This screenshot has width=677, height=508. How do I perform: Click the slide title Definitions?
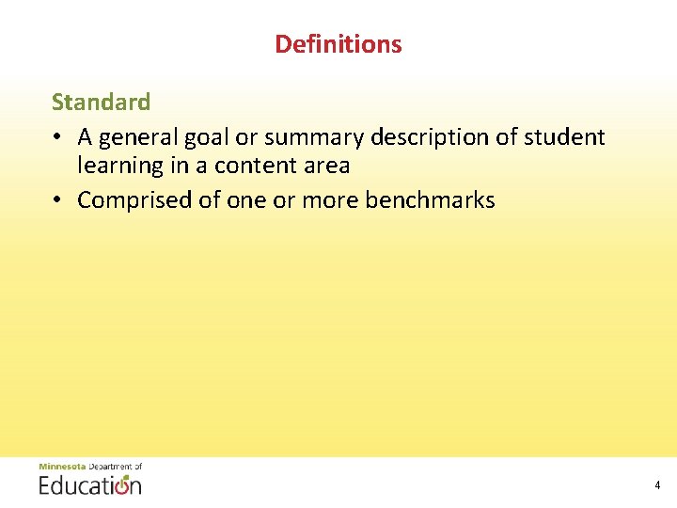coord(338,44)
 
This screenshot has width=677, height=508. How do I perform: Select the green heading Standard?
coord(101,102)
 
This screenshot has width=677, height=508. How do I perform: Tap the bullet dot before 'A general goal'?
coord(58,137)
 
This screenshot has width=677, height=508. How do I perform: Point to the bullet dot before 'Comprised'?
coord(58,200)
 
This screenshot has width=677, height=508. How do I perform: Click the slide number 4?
coord(657,485)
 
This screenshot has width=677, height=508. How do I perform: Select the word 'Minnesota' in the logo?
coord(62,467)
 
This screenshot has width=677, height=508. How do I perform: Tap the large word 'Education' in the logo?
coord(89,484)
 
